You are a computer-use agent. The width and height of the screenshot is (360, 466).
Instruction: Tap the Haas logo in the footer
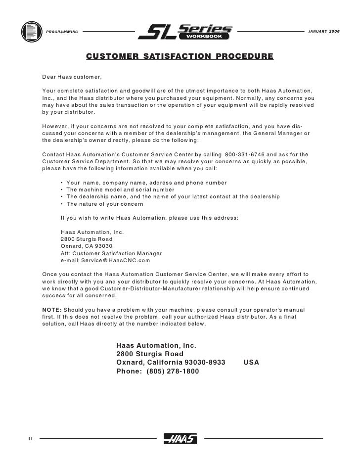[x=180, y=438]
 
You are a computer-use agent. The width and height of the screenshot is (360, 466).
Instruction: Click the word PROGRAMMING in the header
[x=62, y=32]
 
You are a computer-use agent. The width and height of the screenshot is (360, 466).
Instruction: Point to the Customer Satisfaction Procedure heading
[x=180, y=56]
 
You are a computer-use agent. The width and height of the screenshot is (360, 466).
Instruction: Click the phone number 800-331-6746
[x=245, y=154]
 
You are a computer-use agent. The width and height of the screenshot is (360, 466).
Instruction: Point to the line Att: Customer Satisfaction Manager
[x=111, y=253]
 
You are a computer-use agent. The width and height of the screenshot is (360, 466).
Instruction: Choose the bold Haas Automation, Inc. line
[x=157, y=345]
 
